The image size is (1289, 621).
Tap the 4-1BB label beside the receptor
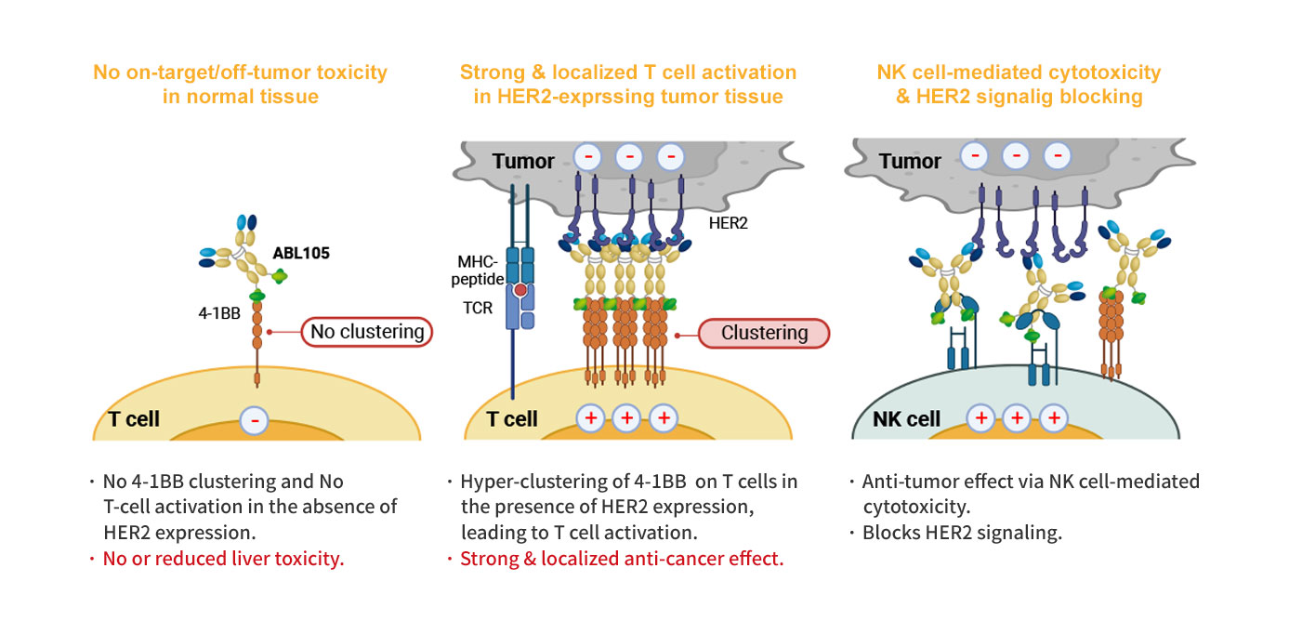coord(219,313)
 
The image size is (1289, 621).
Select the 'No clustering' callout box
coord(367,331)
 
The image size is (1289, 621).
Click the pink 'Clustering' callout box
coord(763,333)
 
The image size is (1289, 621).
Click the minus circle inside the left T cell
coord(256,420)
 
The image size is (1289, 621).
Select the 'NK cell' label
coord(906,418)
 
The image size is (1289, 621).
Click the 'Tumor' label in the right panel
coord(910,161)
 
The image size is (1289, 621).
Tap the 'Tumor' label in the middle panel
coord(523,161)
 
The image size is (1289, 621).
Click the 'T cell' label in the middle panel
coord(512,418)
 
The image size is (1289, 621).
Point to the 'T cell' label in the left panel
coord(134,418)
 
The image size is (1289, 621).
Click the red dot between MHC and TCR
coord(521,291)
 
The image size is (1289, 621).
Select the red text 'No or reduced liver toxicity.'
coord(223,560)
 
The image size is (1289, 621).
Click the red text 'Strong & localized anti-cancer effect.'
coord(622,560)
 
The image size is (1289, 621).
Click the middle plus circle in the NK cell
coord(1017,418)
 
